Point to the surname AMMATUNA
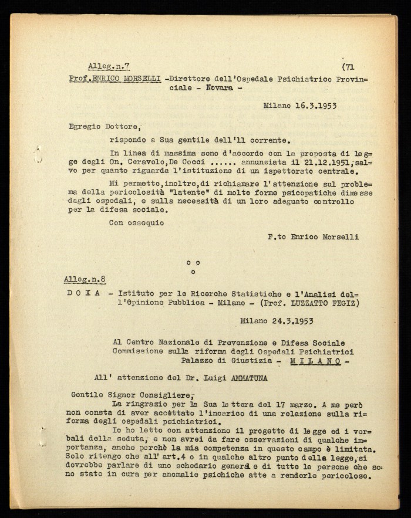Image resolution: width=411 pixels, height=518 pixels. pos(240,377)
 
